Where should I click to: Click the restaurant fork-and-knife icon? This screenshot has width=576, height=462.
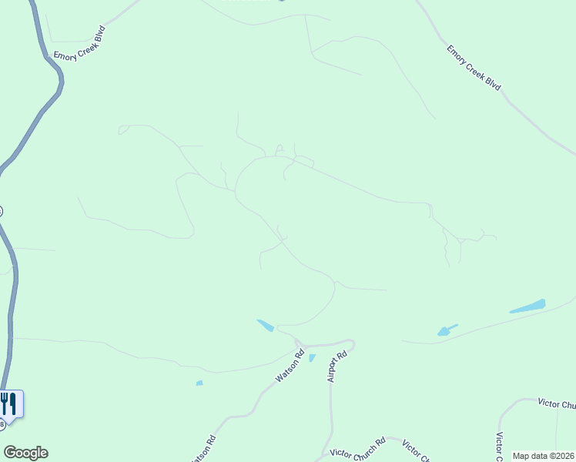pos(9,403)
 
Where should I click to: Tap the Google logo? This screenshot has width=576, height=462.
pos(25,453)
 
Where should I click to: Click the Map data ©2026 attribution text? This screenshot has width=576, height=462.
pos(542,456)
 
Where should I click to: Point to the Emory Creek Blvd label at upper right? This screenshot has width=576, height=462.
pos(474,67)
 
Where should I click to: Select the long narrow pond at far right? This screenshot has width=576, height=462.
pos(527,306)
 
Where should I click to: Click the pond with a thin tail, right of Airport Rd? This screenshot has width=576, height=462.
pos(445,331)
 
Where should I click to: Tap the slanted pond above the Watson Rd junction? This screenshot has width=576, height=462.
pos(265,326)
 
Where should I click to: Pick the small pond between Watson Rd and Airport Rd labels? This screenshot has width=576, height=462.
pos(312,358)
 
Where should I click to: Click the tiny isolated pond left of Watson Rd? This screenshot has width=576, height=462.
pos(199,383)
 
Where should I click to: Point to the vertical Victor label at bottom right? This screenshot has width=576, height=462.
pos(499,444)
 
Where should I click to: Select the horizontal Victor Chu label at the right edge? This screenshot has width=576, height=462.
pos(557,404)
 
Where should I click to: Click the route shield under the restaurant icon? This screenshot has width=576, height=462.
pos(2,424)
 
